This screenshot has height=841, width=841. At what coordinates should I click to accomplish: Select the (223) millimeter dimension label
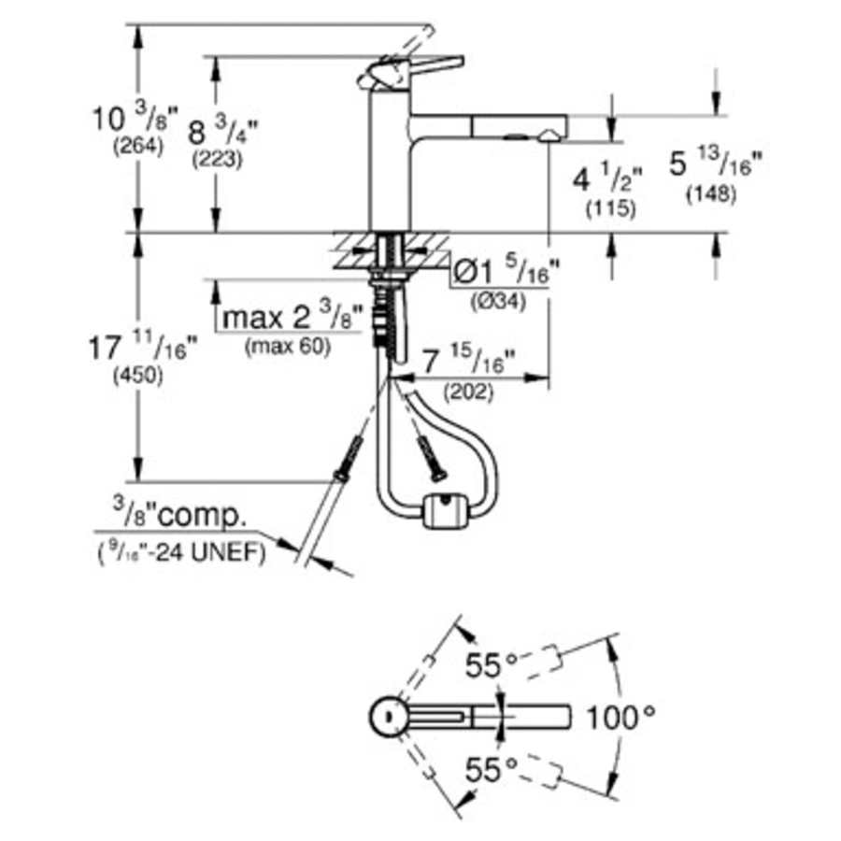tap(217, 159)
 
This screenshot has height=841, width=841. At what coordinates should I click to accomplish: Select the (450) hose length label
tap(137, 377)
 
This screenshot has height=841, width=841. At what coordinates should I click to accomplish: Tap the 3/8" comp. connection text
tap(180, 515)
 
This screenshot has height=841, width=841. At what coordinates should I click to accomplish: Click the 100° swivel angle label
tap(620, 718)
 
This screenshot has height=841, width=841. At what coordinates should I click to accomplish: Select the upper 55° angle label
tap(492, 666)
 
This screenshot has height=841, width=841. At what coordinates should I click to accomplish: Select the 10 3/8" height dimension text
tap(135, 119)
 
